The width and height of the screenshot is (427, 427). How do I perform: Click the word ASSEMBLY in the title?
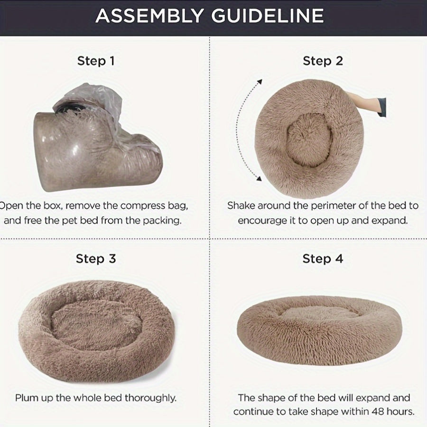coord(149,16)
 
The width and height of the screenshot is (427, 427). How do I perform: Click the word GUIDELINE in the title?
coord(268,16)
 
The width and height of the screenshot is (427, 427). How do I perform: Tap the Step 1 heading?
coord(96,61)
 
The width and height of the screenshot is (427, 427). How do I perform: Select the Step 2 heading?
coord(323,61)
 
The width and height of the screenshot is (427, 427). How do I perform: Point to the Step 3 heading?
coord(96,259)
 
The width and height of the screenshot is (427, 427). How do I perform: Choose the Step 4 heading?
coord(323,259)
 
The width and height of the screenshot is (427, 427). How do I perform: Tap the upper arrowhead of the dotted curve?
coord(260,82)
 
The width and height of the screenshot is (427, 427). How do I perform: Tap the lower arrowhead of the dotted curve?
coord(259,178)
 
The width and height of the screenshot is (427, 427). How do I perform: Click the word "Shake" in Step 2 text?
coord(241,205)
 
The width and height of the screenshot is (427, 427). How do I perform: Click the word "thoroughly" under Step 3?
coord(150,398)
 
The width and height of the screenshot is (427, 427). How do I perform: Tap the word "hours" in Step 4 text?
coord(400,411)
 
